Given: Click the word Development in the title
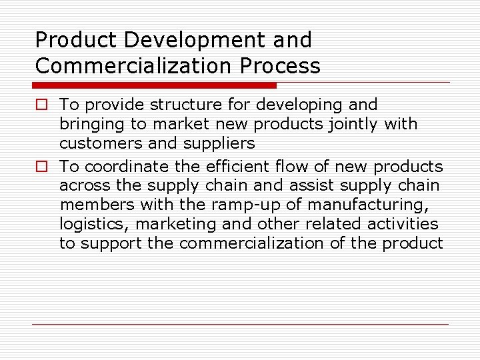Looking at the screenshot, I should click(x=177, y=40).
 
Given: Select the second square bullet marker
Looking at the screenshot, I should click(x=41, y=167).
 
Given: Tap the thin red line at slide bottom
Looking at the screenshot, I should click(x=240, y=325).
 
